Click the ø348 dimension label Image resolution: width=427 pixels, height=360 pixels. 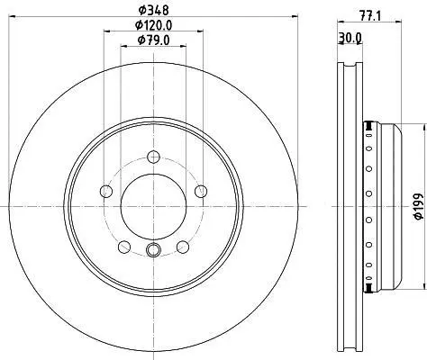coord(153,10)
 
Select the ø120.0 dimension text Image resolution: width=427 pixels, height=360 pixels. coord(153,25)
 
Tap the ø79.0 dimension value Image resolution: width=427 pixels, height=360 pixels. coord(153,40)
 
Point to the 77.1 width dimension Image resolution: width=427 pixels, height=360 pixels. coord(370,15)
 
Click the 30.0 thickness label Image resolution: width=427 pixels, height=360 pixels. coord(350,38)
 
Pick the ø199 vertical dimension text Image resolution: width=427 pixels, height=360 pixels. coord(419,207)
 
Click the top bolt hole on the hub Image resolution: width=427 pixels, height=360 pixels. coord(153,157)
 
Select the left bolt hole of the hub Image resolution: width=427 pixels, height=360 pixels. coord(106,191)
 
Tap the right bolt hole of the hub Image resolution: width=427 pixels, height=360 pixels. coord(201,191)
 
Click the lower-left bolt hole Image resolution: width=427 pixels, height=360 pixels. coord(124,247)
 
